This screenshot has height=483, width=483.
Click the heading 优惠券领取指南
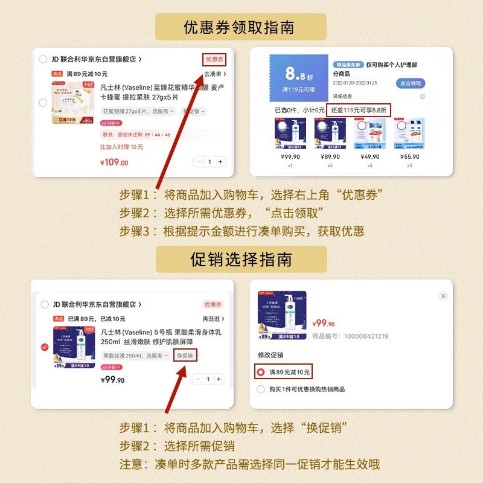[240, 28]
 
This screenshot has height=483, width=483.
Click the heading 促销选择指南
[241, 260]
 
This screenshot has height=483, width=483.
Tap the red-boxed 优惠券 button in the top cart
[214, 59]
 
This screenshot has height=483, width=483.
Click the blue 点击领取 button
[411, 83]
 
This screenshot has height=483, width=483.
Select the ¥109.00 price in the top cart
[114, 162]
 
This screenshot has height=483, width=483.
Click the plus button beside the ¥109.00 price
[220, 162]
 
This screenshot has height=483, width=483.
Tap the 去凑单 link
[214, 74]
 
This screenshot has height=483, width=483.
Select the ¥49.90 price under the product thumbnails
[371, 156]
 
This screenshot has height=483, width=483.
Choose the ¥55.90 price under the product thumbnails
[409, 156]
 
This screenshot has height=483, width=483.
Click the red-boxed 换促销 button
[185, 356]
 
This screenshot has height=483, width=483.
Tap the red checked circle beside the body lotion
[45, 347]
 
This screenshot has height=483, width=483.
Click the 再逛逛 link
[213, 319]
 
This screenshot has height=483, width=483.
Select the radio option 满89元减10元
[261, 372]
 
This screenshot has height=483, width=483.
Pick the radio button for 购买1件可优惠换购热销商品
[261, 389]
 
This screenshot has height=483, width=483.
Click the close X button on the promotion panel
[443, 296]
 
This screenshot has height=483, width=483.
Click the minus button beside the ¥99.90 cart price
[198, 379]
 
